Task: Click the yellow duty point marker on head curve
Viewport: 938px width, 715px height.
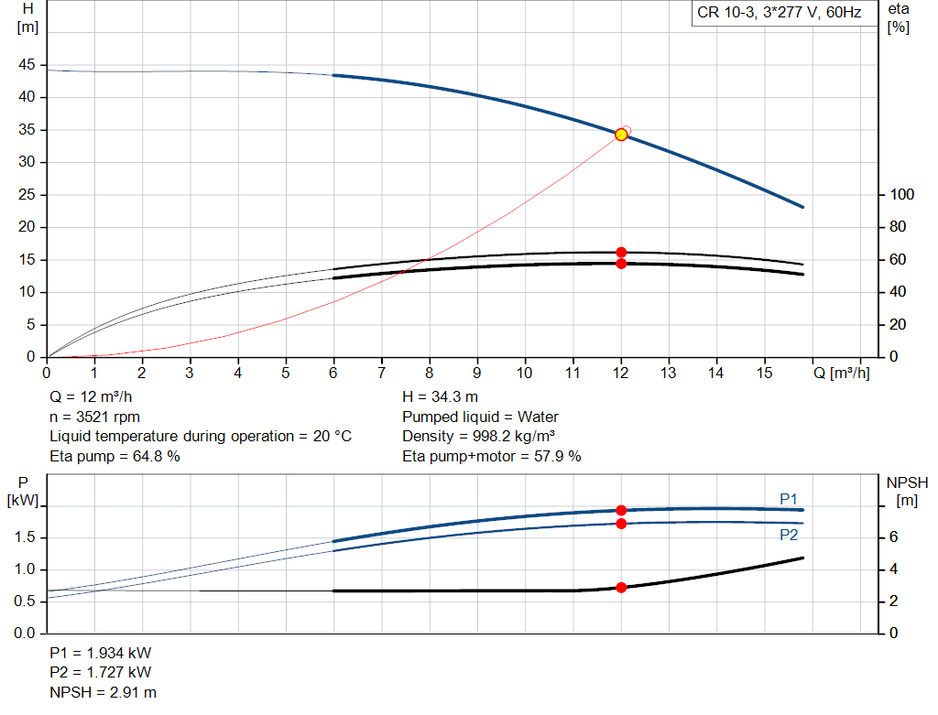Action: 621,135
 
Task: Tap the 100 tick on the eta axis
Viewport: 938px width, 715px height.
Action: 902,195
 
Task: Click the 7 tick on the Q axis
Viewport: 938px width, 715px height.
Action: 382,374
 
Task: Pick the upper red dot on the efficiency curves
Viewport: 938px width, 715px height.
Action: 621,252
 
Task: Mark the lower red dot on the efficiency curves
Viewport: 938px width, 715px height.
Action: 621,264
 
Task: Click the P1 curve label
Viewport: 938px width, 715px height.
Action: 789,498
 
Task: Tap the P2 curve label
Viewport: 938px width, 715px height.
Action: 789,535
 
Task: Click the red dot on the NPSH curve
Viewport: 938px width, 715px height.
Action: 621,587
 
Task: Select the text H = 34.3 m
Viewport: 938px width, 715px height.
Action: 441,397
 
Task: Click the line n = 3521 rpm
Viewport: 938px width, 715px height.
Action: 94,417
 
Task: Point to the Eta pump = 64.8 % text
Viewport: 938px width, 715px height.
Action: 115,455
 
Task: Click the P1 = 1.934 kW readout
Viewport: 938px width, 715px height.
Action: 101,653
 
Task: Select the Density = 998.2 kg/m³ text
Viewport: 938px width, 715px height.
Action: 479,436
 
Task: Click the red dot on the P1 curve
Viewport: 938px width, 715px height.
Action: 621,510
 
